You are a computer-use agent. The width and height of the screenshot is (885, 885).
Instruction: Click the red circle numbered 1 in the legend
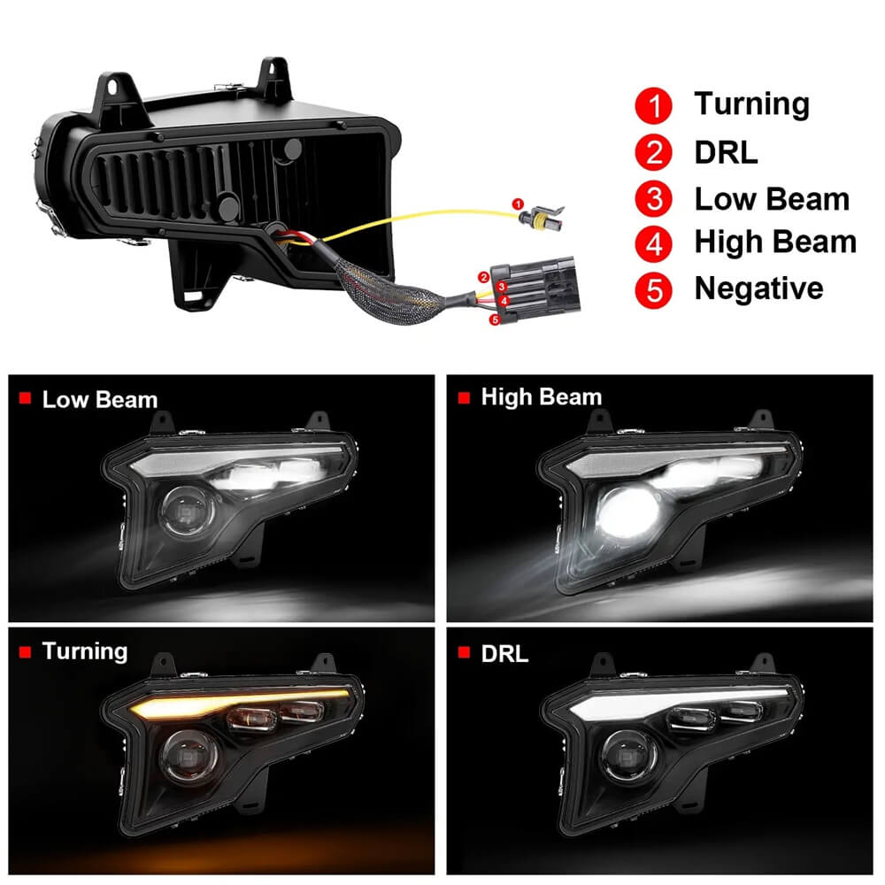[655, 106]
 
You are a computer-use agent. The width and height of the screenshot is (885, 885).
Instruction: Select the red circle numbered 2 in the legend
[655, 152]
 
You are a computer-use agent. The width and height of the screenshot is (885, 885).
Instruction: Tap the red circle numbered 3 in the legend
[655, 198]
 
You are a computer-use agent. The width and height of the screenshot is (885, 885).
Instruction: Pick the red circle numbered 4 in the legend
[655, 243]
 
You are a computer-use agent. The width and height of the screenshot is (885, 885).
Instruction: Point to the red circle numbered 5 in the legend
[655, 289]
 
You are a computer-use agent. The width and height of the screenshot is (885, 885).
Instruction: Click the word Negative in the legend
[758, 289]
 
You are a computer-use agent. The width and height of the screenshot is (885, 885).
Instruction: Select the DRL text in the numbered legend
[726, 152]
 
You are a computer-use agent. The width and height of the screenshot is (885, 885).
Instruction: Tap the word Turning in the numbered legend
[751, 104]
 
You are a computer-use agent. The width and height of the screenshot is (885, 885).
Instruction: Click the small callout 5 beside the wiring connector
[495, 319]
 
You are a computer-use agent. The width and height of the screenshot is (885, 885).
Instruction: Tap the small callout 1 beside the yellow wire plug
[519, 204]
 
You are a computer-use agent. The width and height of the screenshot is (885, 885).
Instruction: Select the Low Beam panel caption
[99, 399]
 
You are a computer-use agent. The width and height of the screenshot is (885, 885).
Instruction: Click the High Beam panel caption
[541, 397]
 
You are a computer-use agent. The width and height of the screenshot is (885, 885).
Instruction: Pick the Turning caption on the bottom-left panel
[85, 652]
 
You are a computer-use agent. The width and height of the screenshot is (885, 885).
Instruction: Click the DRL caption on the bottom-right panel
[504, 654]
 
